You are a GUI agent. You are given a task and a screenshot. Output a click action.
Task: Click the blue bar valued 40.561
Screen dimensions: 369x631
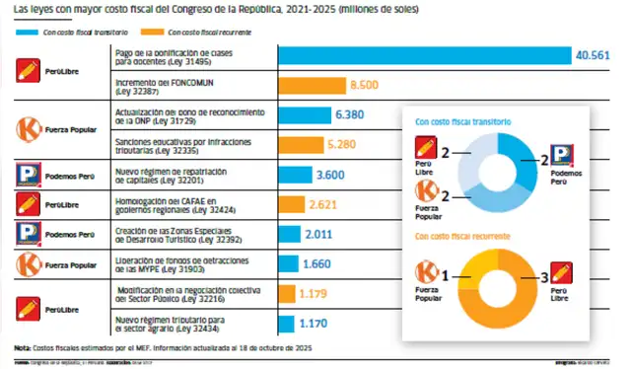(425, 56)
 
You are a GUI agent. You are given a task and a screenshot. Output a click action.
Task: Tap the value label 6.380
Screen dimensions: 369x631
(352, 115)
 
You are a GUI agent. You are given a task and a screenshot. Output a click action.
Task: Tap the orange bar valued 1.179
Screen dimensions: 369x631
(287, 293)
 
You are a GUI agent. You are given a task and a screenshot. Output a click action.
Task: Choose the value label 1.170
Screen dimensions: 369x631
(315, 323)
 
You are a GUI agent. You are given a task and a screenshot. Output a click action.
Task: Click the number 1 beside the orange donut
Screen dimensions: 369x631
(446, 278)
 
